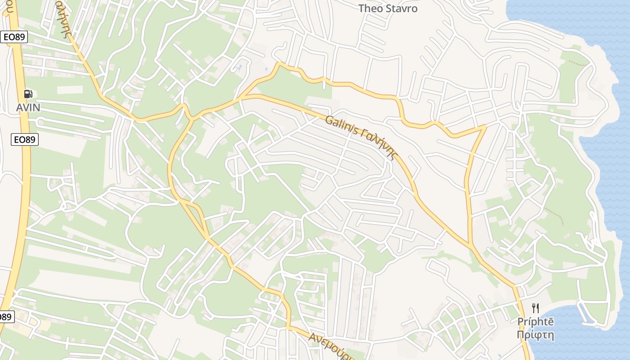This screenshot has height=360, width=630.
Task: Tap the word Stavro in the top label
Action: tap(402, 9)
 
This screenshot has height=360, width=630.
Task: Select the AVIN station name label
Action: tap(28, 108)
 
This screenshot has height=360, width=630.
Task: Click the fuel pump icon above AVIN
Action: tap(28, 94)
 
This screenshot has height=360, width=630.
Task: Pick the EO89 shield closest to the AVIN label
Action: tap(25, 139)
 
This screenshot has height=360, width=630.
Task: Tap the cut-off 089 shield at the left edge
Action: tap(5, 317)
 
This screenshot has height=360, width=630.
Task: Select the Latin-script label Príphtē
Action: tap(535, 322)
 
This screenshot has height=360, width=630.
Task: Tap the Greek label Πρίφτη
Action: tap(535, 335)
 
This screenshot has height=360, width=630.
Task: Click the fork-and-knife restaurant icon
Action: tap(535, 308)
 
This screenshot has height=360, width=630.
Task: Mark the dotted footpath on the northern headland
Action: tap(579, 63)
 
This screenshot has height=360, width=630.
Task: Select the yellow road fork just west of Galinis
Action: tap(243, 97)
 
